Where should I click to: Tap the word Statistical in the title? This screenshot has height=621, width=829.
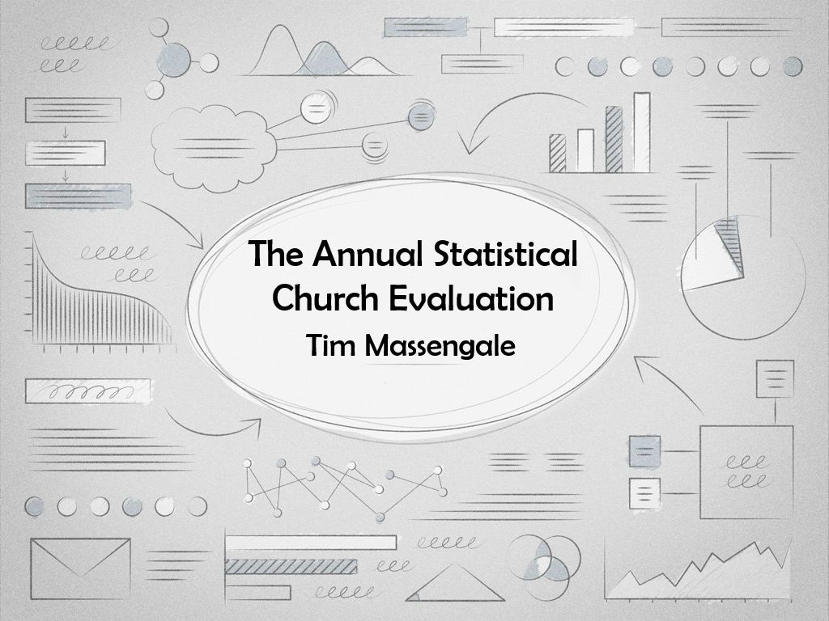[x=505, y=254]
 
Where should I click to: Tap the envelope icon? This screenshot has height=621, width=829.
[x=80, y=568]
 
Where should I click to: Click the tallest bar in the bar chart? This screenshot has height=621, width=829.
[x=642, y=133]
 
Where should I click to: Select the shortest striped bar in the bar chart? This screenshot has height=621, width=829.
[x=557, y=153]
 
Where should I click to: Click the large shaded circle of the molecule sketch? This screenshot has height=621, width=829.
[x=174, y=58]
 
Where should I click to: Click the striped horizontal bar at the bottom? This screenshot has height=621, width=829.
[x=291, y=567]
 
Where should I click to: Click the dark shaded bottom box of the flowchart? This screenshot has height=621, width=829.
[x=79, y=196]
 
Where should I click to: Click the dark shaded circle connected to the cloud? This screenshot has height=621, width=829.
[x=421, y=117]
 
